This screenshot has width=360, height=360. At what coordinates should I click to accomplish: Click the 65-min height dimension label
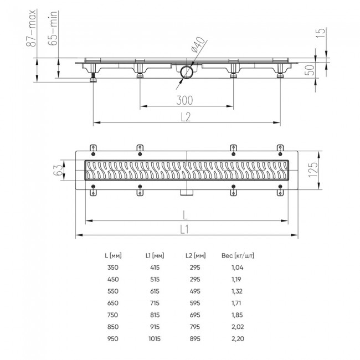54,28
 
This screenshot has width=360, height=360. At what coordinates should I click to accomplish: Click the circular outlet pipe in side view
186,71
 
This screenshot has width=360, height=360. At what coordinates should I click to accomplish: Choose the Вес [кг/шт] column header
238,255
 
